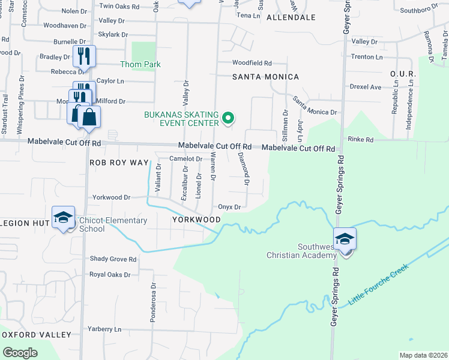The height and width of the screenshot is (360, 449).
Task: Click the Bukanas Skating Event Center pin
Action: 228,118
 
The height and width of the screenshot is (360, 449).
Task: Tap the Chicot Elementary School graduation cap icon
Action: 62,218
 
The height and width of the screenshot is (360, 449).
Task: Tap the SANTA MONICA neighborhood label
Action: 266,77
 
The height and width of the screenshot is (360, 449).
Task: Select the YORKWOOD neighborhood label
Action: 196,220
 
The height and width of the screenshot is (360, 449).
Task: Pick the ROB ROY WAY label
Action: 118,163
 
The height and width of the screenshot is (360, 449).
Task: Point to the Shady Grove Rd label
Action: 113,259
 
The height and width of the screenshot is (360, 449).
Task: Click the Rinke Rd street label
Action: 361,140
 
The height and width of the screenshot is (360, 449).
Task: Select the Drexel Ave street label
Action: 367,87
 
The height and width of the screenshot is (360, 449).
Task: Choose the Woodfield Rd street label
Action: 252,62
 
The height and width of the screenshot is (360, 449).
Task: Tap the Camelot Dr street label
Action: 185,158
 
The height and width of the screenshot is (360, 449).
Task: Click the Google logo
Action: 20,353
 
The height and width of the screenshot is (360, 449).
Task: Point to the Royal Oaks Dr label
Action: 110,275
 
